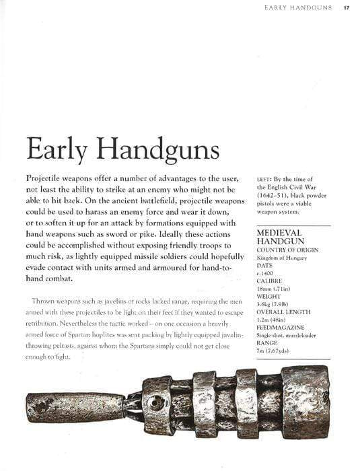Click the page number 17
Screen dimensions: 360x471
pos(345,8)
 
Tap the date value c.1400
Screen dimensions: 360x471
pos(265,275)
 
